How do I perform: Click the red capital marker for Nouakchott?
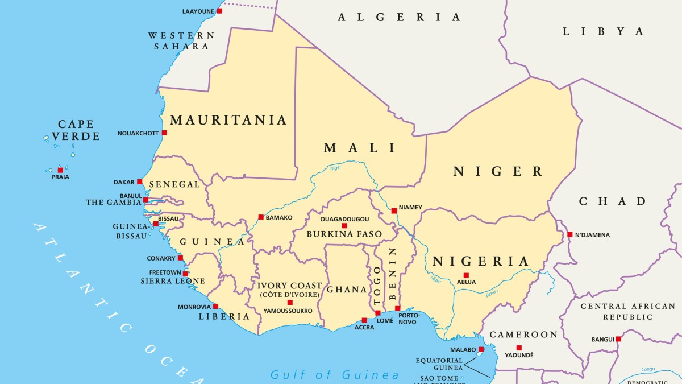(x=164, y=133)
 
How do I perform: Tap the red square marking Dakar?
(x=140, y=181)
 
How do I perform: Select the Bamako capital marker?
(x=261, y=217)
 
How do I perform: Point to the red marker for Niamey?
(x=394, y=210)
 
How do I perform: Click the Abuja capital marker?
(x=466, y=275)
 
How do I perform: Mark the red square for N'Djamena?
(x=569, y=234)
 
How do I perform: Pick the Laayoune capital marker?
(x=219, y=11)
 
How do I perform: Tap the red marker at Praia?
(x=60, y=170)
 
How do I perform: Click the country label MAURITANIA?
(x=228, y=120)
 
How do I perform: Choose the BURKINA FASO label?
(x=344, y=234)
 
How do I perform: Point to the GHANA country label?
(x=347, y=290)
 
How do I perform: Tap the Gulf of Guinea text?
(x=335, y=375)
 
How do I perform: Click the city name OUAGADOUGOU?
(x=344, y=218)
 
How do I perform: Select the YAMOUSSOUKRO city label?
(x=288, y=311)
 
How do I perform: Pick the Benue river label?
(x=492, y=294)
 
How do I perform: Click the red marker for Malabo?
(x=481, y=349)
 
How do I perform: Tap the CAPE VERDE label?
(x=76, y=130)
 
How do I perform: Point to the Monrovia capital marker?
(x=215, y=306)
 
